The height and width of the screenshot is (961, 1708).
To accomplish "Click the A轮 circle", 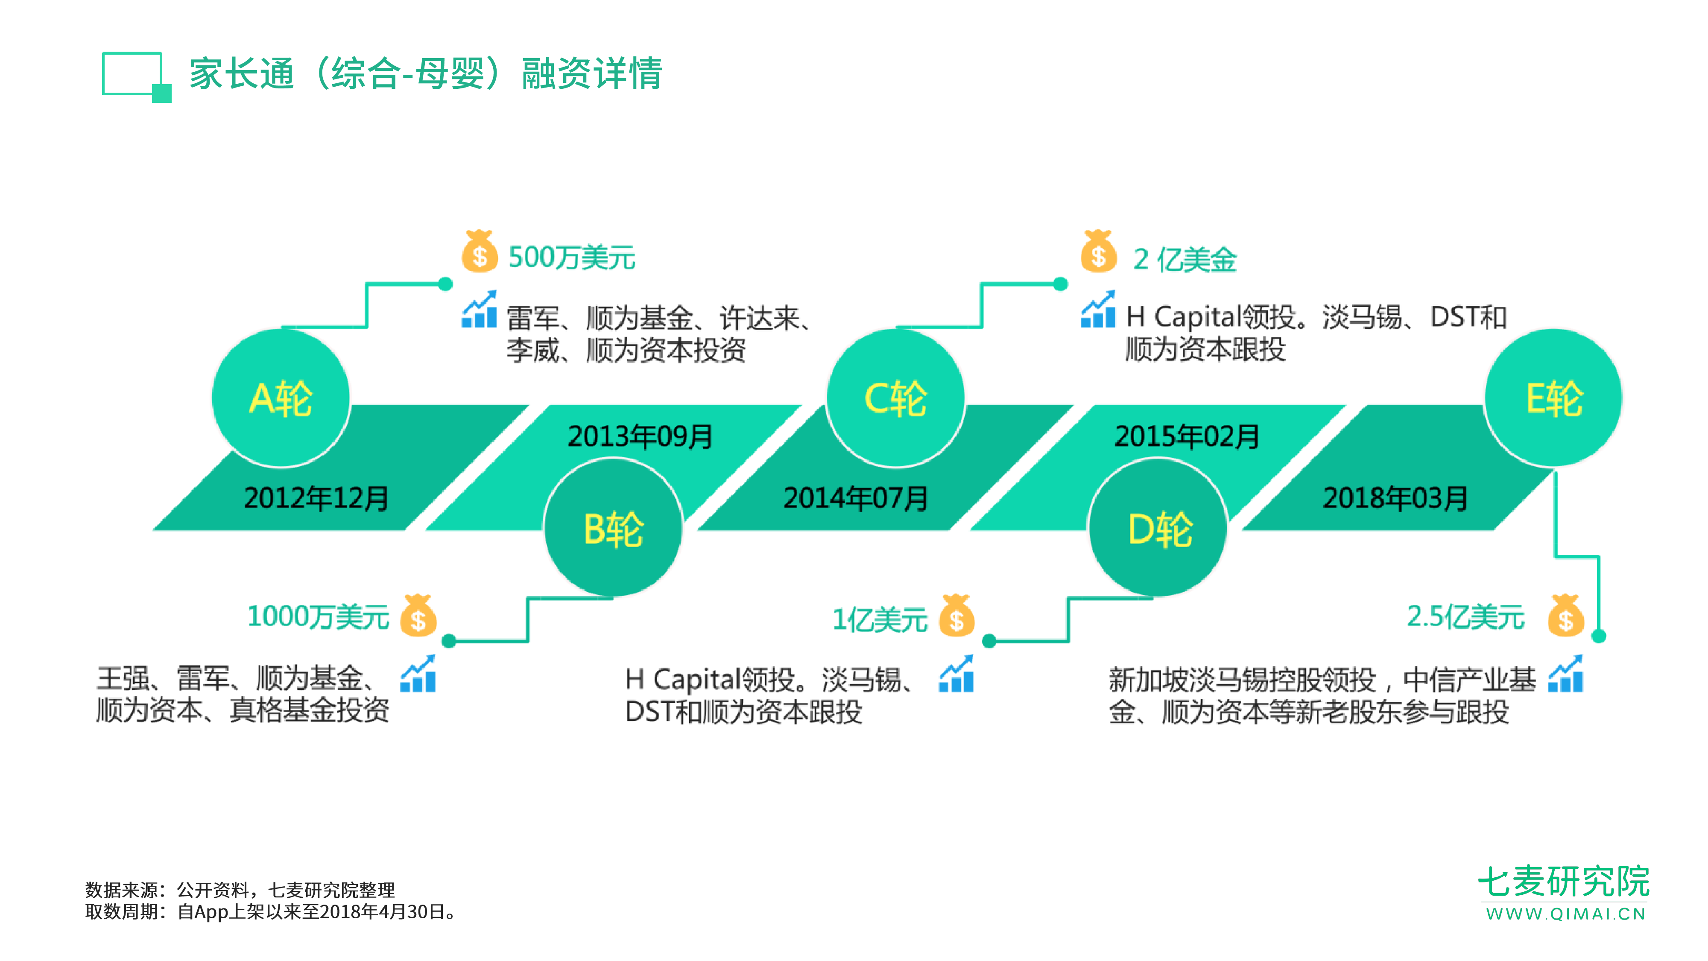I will (x=281, y=398).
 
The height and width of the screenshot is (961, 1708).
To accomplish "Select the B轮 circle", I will (x=613, y=529).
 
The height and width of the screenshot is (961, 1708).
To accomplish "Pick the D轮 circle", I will (x=1158, y=529).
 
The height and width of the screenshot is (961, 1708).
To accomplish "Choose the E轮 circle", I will (x=1553, y=398).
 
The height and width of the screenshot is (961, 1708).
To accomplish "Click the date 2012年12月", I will (x=316, y=498).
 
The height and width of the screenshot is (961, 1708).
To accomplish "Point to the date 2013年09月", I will (x=640, y=437).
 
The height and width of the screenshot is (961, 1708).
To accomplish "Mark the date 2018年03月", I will (x=1395, y=498).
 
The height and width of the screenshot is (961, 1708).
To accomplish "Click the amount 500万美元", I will (x=572, y=257).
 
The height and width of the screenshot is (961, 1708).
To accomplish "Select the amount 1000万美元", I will (x=318, y=617).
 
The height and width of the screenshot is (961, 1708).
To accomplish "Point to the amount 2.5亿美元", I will (x=1465, y=617).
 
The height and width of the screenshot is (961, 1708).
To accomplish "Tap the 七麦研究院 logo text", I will (x=1563, y=882).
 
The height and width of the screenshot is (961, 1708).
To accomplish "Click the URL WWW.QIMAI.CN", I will (x=1565, y=914).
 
